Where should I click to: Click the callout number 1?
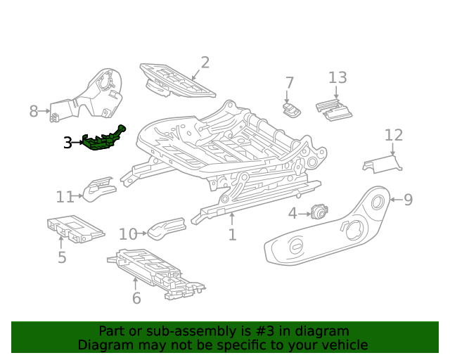[232, 235]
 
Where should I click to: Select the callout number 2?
[205, 63]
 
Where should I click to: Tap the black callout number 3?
[67, 143]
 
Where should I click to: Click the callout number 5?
[62, 257]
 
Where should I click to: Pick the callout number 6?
[136, 298]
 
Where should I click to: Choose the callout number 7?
[289, 83]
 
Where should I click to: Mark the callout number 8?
[34, 111]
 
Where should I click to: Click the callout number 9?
[408, 200]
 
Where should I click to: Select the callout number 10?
[128, 234]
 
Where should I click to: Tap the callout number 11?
[65, 197]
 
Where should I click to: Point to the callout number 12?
[394, 135]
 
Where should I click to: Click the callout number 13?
[337, 77]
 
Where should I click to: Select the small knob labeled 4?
[321, 211]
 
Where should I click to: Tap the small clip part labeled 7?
[291, 109]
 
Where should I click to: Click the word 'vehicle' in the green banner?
[342, 345]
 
